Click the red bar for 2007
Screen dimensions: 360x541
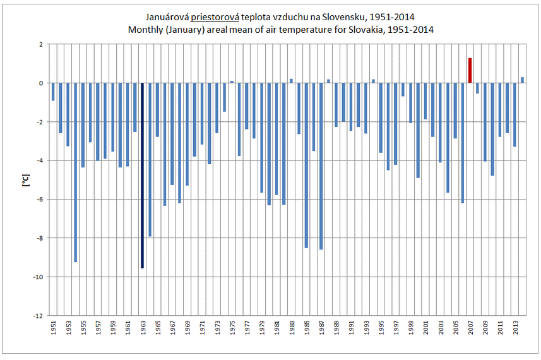pyautogui.click(x=470, y=70)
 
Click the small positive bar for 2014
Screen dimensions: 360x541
pyautogui.click(x=522, y=80)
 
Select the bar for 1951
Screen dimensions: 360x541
pyautogui.click(x=53, y=92)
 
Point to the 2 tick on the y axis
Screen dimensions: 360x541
pyautogui.click(x=40, y=44)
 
